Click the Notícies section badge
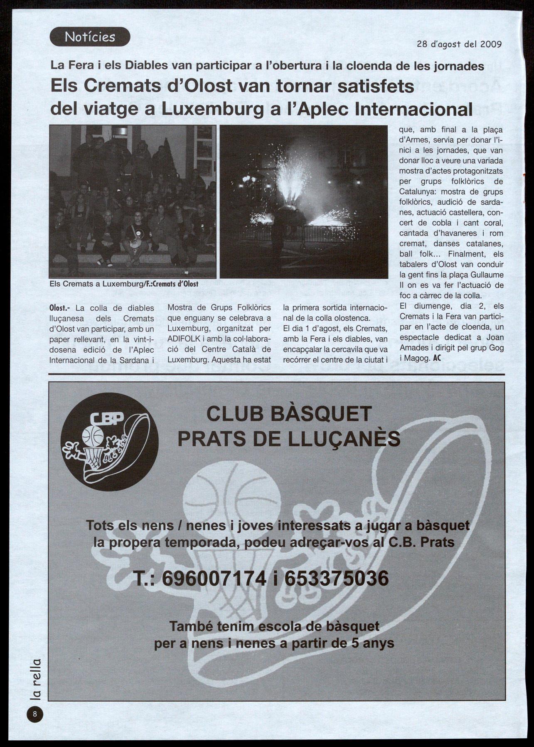tap(90, 37)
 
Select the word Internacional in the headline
tap(414, 109)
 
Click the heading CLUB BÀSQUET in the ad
tap(289, 414)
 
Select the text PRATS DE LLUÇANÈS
tap(289, 438)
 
